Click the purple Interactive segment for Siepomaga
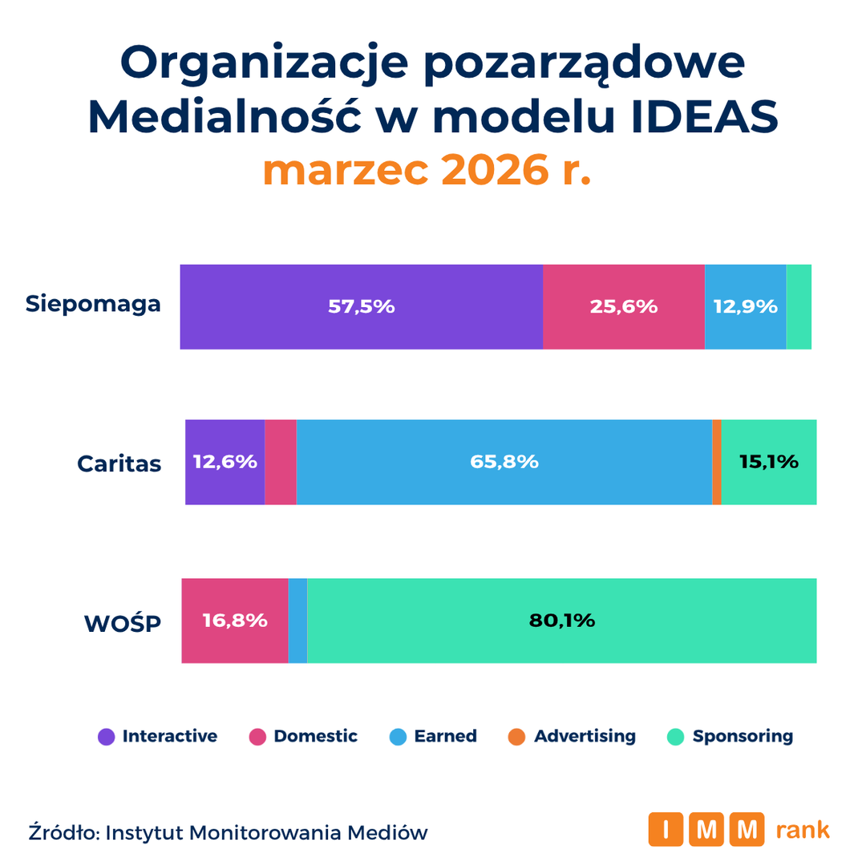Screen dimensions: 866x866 361,306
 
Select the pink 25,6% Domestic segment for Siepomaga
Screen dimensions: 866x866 624,306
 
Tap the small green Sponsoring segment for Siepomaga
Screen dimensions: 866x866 799,306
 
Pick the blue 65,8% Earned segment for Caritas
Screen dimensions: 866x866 504,462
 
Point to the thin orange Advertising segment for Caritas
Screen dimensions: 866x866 717,462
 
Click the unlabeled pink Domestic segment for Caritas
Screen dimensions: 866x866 281,462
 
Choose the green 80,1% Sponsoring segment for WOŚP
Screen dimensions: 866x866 561,621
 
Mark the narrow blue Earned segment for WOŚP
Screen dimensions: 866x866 297,621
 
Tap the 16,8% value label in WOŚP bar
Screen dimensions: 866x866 235,621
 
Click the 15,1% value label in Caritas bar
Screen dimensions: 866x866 769,462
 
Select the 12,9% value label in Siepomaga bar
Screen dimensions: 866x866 746,306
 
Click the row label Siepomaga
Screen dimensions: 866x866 93,305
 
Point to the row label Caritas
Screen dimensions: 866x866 119,464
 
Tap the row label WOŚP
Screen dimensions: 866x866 123,622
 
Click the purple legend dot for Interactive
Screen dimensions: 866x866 106,737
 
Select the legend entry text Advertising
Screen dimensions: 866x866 585,736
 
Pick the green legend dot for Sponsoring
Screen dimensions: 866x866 675,737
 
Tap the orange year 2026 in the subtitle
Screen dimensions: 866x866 496,170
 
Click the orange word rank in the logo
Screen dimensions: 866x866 803,830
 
